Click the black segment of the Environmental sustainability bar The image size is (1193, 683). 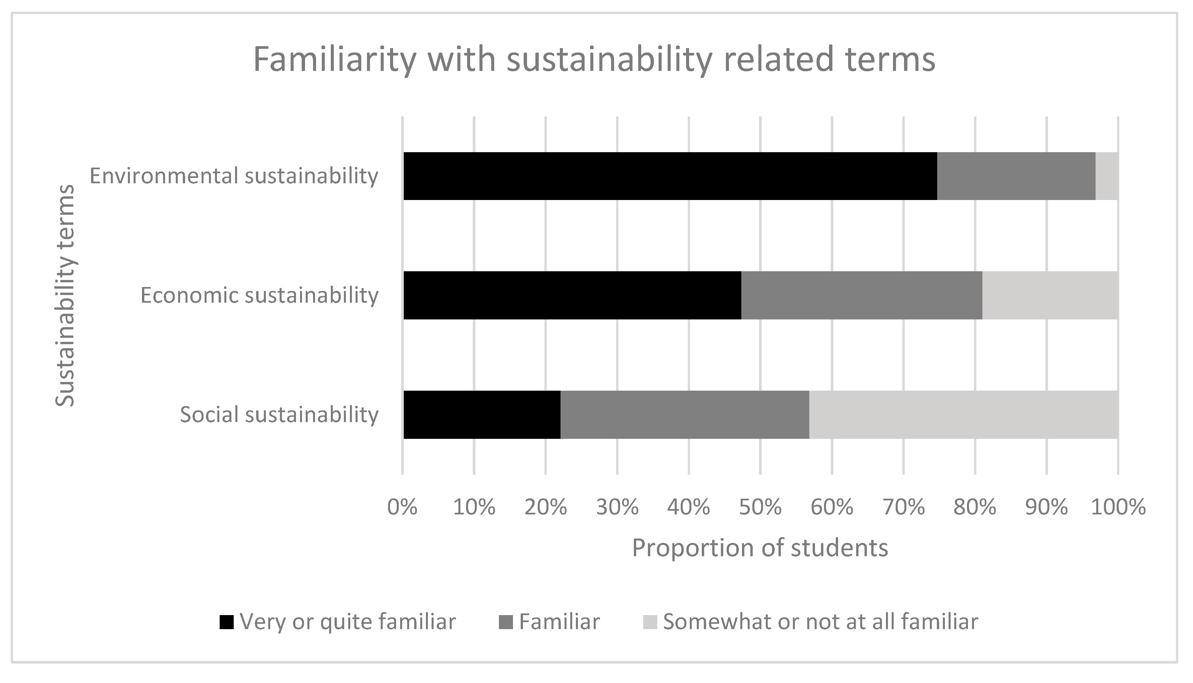(x=670, y=176)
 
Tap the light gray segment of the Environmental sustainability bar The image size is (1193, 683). (x=1107, y=176)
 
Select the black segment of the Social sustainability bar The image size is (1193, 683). (x=482, y=415)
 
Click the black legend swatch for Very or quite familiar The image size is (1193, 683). (x=227, y=622)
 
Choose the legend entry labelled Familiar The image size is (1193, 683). (x=559, y=622)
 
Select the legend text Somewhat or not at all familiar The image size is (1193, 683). (x=820, y=622)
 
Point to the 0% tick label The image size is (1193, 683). (x=402, y=507)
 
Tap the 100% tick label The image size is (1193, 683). (x=1118, y=507)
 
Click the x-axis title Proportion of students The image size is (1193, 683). (x=760, y=548)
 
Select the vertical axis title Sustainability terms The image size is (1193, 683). (x=65, y=296)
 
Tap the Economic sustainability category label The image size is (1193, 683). (x=259, y=296)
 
